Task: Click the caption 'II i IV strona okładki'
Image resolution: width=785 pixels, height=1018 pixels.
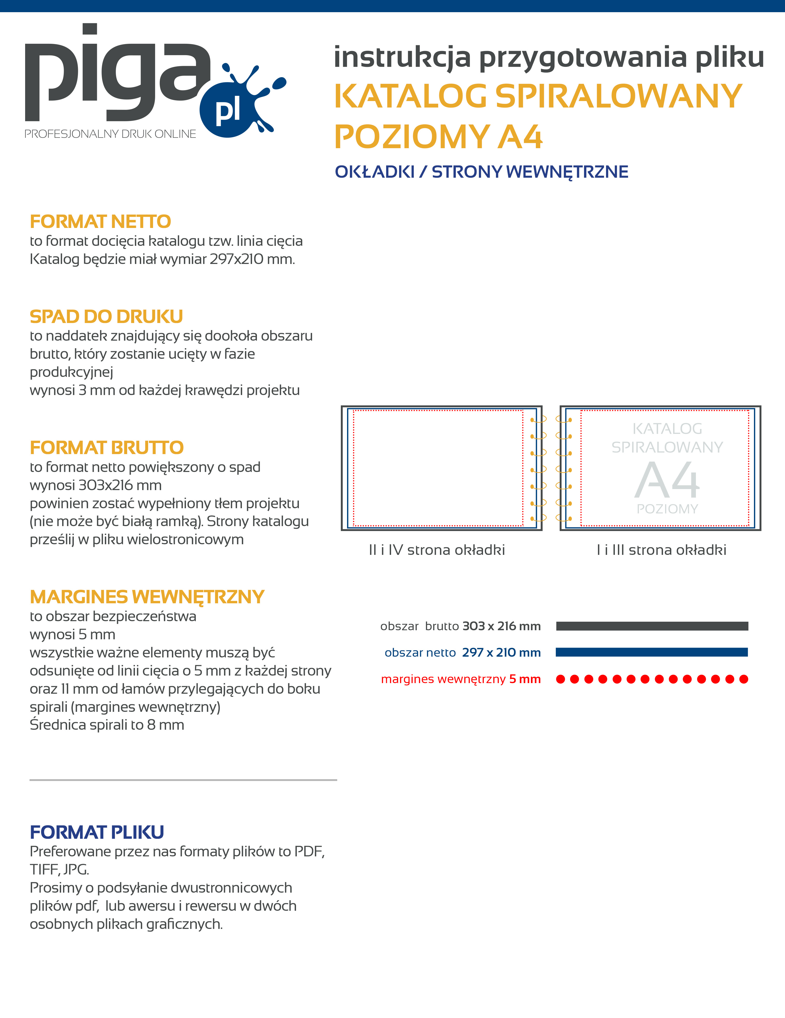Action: [437, 550]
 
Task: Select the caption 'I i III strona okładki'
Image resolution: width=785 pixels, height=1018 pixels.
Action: [661, 550]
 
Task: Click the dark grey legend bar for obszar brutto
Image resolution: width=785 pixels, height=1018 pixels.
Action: [652, 626]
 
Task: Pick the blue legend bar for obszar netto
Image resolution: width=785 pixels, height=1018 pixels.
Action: [652, 652]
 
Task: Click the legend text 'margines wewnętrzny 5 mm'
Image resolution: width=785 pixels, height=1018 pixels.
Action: [460, 679]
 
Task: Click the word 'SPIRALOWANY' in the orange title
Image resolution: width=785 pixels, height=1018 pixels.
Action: [618, 96]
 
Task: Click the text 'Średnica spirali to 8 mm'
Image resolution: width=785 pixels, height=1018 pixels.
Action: [107, 725]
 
